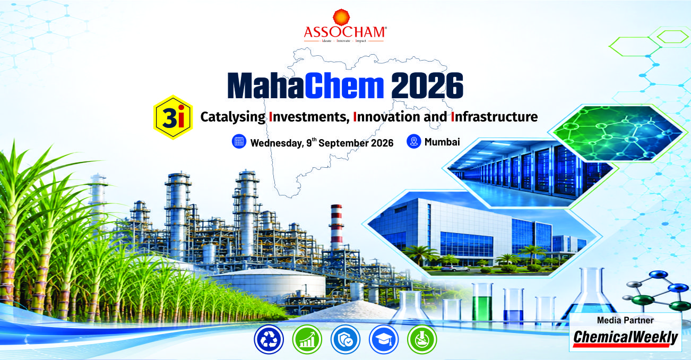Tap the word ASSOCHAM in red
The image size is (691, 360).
coord(344,32)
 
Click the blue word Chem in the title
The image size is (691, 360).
coord(344,85)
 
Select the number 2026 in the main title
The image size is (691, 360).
coord(427,85)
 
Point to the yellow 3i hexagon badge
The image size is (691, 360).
coord(173,117)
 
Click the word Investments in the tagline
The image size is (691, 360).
coord(309,117)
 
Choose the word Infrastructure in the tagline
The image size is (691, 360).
coord(494,117)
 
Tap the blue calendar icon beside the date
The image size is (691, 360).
coord(239,142)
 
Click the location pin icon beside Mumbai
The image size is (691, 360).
coord(413,141)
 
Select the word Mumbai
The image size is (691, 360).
coord(442,142)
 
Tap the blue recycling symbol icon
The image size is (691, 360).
coord(269,339)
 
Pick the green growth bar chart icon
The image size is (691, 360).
coord(307,339)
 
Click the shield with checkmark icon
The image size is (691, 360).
coord(345,339)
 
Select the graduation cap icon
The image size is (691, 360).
coord(383,339)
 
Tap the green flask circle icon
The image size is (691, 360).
coord(422,339)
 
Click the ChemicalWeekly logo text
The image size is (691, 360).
coord(625,337)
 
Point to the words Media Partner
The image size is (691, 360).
coord(625,320)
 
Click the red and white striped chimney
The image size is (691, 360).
coord(336,228)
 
